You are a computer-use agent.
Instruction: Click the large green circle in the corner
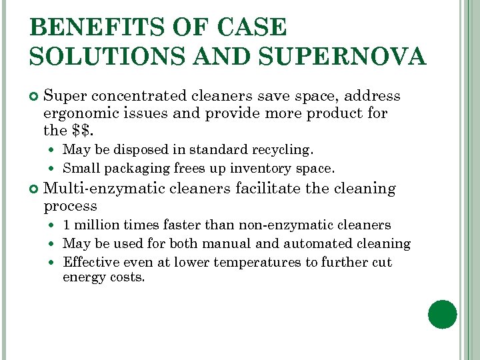point(443,314)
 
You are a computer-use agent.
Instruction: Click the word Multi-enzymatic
point(104,189)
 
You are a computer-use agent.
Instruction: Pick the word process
point(70,206)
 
